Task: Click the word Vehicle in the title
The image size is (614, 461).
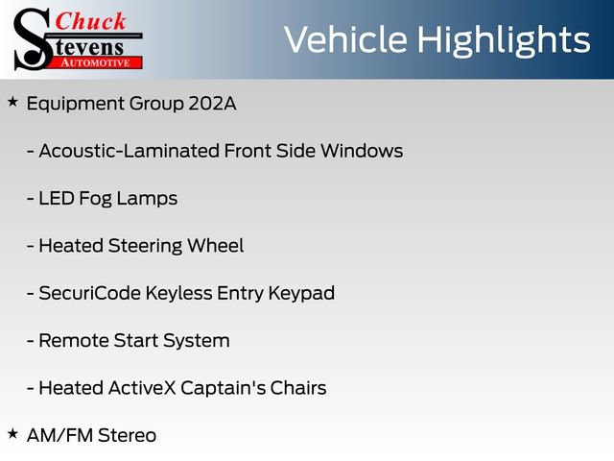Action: tap(343, 40)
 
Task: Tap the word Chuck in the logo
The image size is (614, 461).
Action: tap(89, 22)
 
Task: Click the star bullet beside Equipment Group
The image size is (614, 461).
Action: tap(12, 101)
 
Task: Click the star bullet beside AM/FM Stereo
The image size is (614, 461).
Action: tap(12, 433)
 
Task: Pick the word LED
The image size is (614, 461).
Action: tap(56, 198)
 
